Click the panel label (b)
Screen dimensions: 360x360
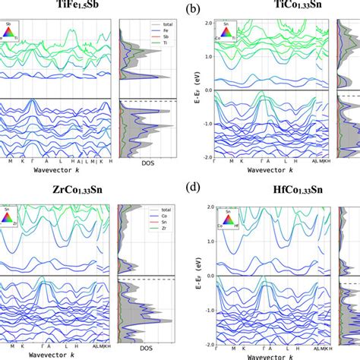pos(194,9)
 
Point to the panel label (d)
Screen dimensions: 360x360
pos(194,190)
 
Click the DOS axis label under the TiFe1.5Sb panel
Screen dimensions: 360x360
pos(149,163)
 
